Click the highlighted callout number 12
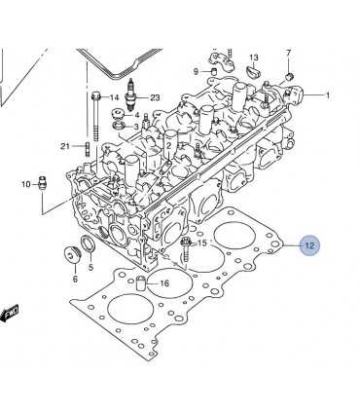(x=309, y=245)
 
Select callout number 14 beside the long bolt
(x=114, y=97)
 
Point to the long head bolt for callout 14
(x=95, y=117)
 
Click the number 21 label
(x=65, y=146)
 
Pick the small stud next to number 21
(x=87, y=149)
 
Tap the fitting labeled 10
(x=42, y=184)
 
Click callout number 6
(x=75, y=279)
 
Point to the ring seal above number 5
(x=88, y=243)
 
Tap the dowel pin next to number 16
(x=141, y=283)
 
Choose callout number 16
(x=164, y=283)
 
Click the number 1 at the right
(x=328, y=95)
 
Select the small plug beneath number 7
(x=289, y=77)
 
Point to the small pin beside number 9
(x=214, y=71)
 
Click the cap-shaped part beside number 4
(x=118, y=114)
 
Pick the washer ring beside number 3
(x=119, y=125)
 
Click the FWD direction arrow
(x=9, y=314)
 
